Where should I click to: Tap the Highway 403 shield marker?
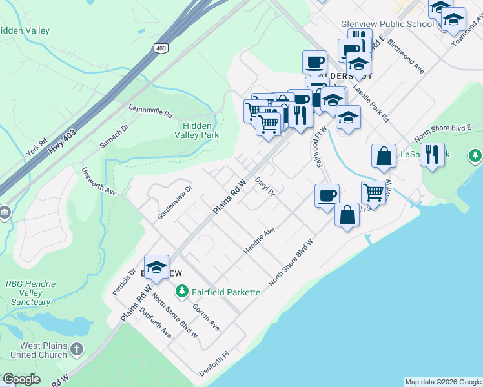(x=161, y=48)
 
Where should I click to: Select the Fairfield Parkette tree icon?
(x=183, y=292)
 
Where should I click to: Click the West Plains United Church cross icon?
(x=77, y=350)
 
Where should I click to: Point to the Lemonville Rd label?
(x=151, y=112)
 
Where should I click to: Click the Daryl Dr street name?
(x=265, y=186)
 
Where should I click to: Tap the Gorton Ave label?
(x=206, y=317)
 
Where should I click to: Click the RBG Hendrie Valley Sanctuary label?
(x=31, y=293)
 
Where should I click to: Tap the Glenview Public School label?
(x=387, y=25)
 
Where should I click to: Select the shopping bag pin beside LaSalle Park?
(x=384, y=156)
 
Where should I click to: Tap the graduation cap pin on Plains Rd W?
(x=156, y=267)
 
